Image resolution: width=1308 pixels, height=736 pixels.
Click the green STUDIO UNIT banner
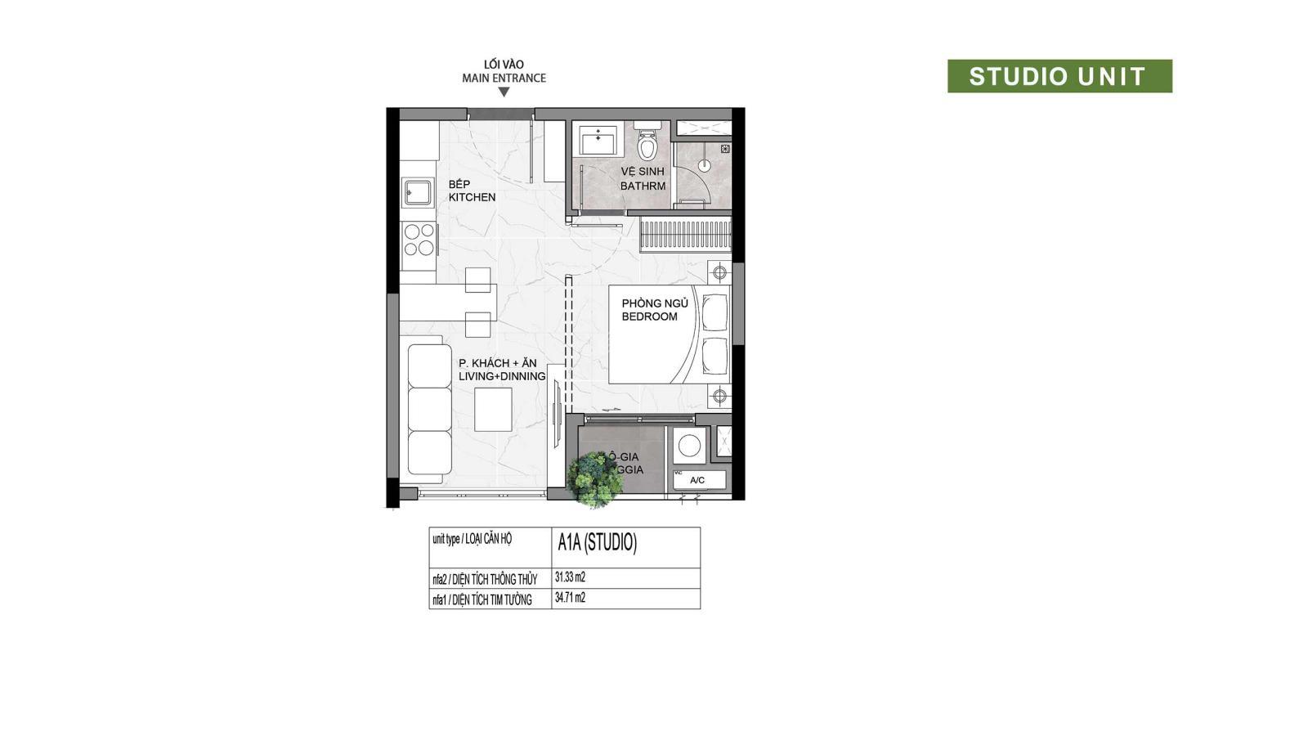point(1059,76)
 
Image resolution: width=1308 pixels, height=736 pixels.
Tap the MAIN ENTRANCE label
point(504,79)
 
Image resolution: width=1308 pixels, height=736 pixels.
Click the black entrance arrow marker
point(504,92)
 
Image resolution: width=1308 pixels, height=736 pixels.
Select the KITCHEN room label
point(472,197)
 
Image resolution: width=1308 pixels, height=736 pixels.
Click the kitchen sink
point(418,193)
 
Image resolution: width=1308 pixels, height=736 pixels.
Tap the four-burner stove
point(419,240)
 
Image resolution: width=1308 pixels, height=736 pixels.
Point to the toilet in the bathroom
point(647,145)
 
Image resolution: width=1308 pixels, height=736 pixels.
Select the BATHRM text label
point(643,186)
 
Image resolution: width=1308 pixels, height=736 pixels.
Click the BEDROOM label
point(649,316)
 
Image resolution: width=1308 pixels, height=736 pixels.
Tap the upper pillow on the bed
point(714,312)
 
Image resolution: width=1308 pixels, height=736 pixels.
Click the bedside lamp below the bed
point(719,397)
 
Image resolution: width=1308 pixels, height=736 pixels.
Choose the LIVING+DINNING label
point(502,376)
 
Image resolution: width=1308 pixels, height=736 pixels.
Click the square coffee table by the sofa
point(493,409)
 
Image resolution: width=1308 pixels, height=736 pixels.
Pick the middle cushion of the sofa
point(429,409)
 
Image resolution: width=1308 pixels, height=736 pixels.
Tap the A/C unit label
point(697,480)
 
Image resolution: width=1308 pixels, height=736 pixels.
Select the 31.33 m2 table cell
point(625,577)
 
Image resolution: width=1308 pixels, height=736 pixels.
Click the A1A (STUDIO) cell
point(625,543)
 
